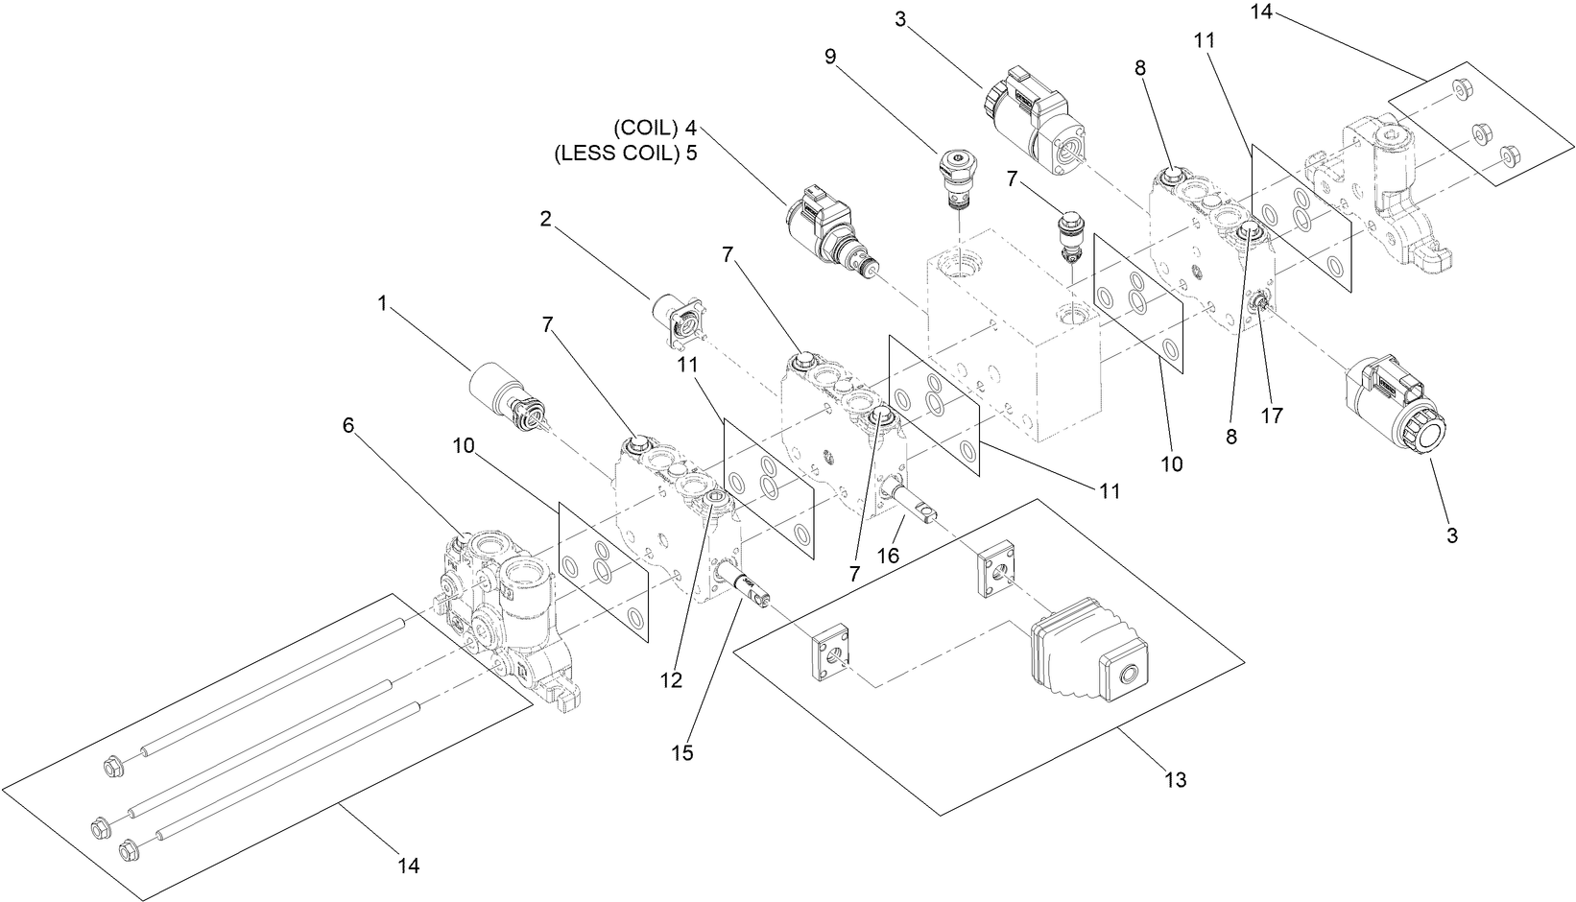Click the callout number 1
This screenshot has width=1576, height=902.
tap(382, 303)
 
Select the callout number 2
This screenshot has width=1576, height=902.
tap(545, 219)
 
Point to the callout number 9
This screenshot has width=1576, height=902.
tap(830, 56)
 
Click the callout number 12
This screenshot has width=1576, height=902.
tap(671, 679)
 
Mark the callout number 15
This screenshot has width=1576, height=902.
tap(681, 753)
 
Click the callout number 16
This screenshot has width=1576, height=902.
tap(888, 555)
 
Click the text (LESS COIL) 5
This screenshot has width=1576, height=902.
tap(626, 154)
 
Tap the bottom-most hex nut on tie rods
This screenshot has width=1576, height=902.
tap(127, 849)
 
